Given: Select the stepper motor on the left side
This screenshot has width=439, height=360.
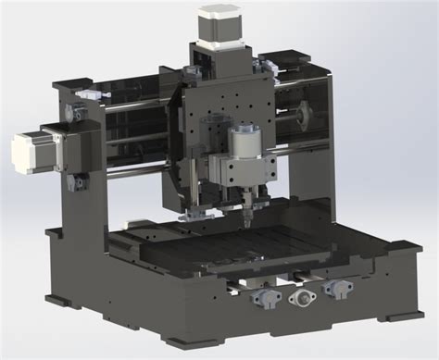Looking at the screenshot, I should coord(30,151).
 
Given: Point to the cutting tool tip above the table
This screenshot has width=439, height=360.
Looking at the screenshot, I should coord(249,221).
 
